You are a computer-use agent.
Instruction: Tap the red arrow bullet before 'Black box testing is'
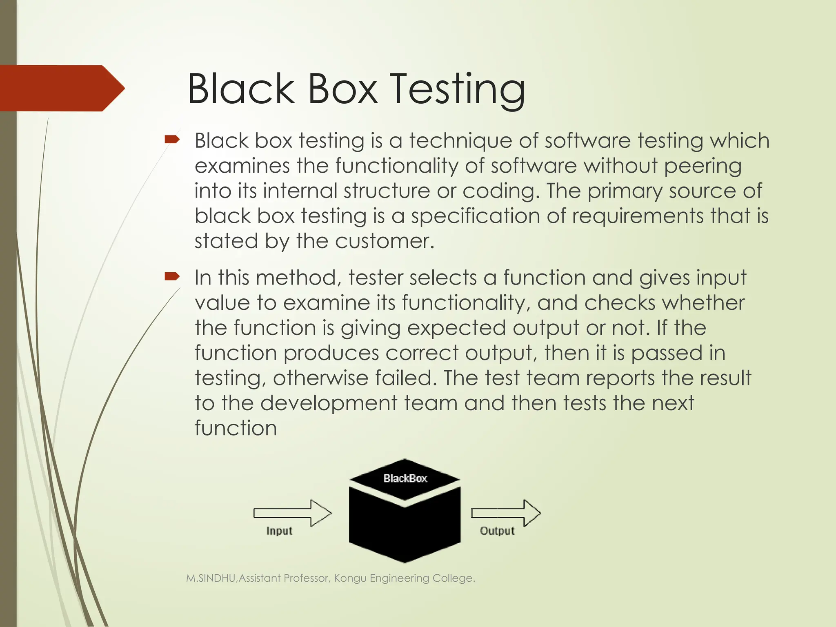172,140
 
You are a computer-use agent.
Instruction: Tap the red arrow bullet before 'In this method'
172,277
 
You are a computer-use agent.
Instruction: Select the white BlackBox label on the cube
405,478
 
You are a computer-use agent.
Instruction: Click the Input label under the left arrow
279,531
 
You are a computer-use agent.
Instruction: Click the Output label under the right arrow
497,531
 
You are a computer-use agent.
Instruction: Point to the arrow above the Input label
292,513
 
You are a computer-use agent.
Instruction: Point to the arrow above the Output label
506,513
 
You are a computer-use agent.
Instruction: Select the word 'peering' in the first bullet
703,167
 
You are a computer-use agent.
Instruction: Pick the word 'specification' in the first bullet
475,216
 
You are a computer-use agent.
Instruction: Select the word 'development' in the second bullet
329,403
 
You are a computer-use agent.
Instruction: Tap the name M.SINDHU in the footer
211,578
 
